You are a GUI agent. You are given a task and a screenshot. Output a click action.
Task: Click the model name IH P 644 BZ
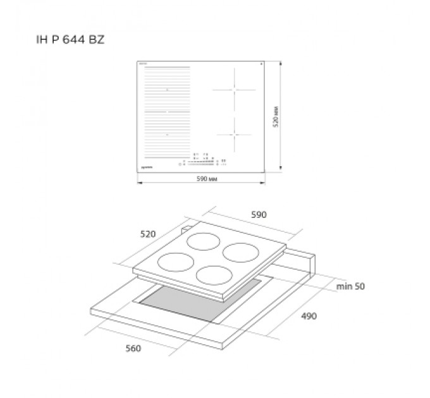[70, 40]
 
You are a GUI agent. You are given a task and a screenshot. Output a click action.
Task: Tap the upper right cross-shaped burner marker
[234, 90]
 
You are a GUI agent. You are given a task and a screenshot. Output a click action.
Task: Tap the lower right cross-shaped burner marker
[234, 134]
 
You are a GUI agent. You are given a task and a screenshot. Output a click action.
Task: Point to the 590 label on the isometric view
[259, 215]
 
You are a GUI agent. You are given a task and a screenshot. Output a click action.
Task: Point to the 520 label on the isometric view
[147, 234]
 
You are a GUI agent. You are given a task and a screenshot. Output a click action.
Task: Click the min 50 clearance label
[350, 286]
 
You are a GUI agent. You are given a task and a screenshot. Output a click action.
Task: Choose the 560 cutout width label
[133, 348]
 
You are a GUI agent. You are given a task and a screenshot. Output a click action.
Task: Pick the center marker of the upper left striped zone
[167, 90]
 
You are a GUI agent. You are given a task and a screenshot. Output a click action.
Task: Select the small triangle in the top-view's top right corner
[261, 64]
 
